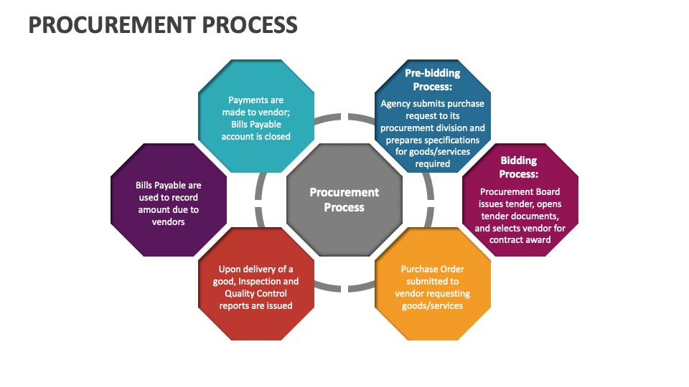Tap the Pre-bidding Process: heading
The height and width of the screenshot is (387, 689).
[x=432, y=80]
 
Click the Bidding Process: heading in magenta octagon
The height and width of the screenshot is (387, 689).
[x=519, y=167]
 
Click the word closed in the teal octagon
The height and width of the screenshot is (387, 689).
[x=277, y=136]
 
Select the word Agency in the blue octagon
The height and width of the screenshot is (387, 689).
[x=395, y=104]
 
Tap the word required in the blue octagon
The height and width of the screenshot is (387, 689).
[x=432, y=164]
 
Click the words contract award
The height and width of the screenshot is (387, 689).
[x=520, y=239]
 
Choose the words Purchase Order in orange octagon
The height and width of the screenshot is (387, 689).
[x=432, y=269]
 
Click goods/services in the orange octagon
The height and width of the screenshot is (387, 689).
[x=432, y=305]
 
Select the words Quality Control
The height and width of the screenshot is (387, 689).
[x=256, y=293]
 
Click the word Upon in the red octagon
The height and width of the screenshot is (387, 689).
[x=230, y=269]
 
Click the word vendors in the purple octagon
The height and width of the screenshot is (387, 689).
[x=168, y=221]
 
